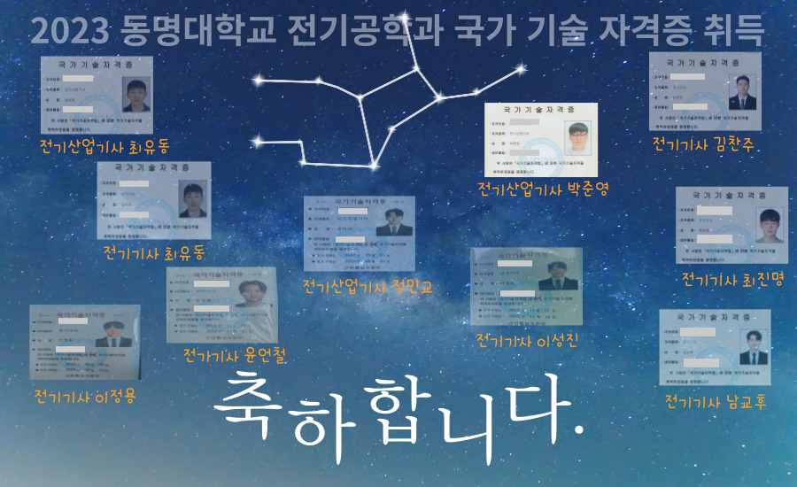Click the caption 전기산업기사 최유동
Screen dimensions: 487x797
(x=104, y=145)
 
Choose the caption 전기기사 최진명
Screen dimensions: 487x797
(x=731, y=280)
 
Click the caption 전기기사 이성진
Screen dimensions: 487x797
(x=527, y=340)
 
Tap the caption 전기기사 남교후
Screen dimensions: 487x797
(x=716, y=402)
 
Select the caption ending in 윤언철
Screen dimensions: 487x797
(x=235, y=355)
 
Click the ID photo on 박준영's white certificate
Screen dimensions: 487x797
(x=579, y=137)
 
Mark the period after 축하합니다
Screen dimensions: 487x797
(x=578, y=431)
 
